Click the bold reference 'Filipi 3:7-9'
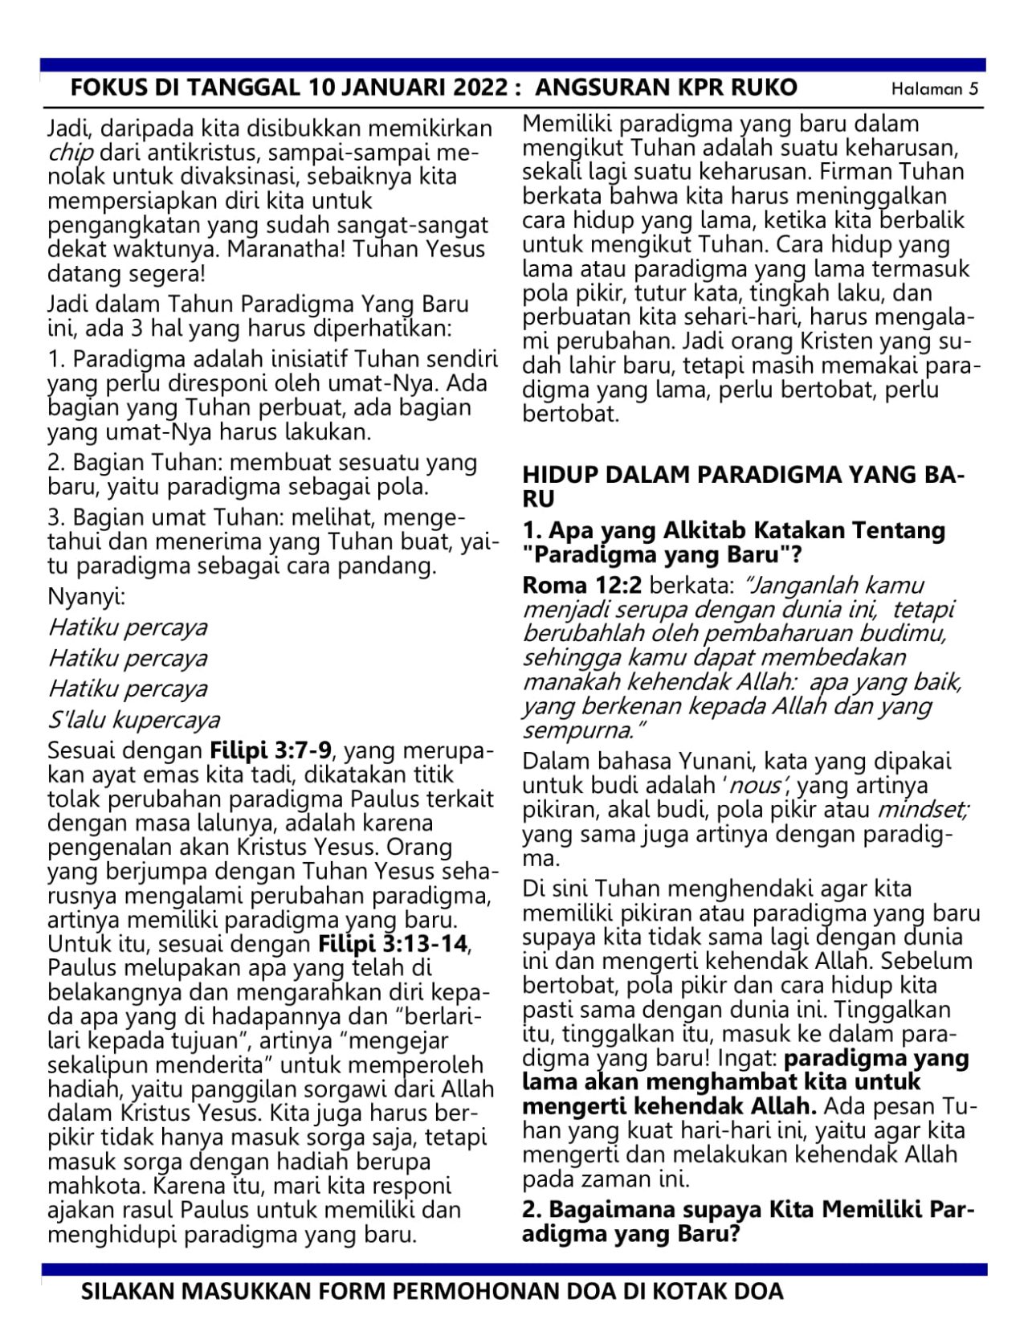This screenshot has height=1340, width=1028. (271, 751)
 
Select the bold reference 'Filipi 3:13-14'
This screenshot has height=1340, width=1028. (394, 942)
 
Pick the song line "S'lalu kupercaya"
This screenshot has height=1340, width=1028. (134, 720)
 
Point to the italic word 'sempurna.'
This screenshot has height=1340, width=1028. (581, 731)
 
